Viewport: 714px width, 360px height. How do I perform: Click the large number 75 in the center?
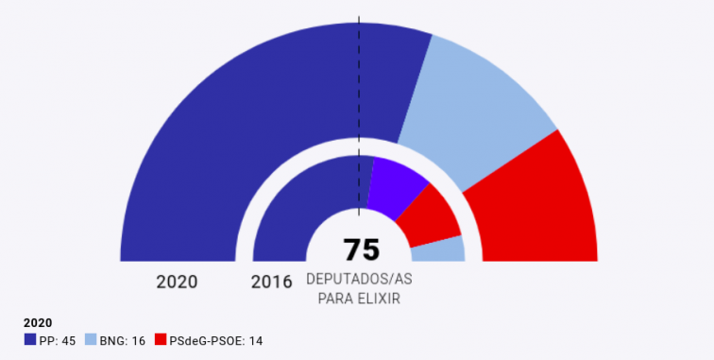360,249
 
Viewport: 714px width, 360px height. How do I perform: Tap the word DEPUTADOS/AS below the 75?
359,281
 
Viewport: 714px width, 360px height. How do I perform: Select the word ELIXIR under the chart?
381,298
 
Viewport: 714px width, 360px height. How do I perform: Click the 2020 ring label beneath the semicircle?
177,282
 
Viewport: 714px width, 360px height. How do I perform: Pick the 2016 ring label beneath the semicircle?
271,282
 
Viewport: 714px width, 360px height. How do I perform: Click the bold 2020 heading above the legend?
38,323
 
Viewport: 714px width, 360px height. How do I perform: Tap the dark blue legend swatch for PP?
30,340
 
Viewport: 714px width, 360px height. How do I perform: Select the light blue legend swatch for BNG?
91,340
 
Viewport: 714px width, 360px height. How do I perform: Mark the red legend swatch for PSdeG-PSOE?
160,340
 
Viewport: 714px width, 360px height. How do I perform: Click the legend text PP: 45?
58,340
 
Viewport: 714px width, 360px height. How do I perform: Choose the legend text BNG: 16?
122,340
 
